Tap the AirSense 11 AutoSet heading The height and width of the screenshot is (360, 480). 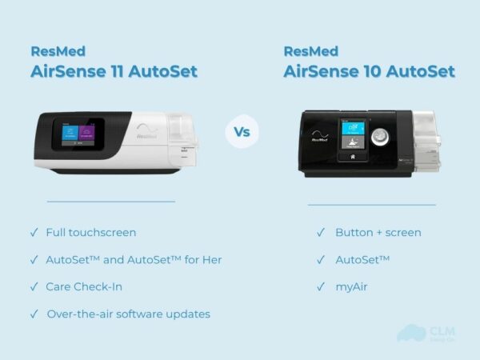[x=114, y=71]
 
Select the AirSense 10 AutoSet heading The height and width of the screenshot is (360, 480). [x=369, y=71]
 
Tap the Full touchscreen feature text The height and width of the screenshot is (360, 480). [x=91, y=232]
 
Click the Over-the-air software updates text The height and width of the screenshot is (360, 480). [x=129, y=314]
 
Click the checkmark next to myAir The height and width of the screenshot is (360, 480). [x=320, y=286]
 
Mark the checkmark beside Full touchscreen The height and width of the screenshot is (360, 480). [x=34, y=232]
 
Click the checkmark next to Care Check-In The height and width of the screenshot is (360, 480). [x=34, y=286]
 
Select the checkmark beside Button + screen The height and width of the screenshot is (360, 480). [x=320, y=232]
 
